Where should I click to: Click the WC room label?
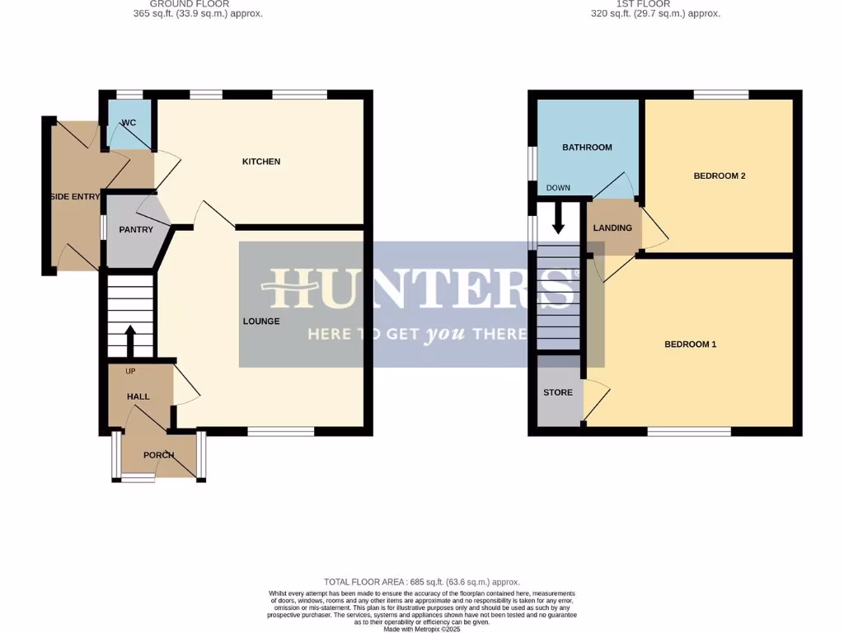tap(129, 123)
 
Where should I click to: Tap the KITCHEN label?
tap(260, 162)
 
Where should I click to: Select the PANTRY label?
tap(136, 229)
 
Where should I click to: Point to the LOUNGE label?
tap(260, 321)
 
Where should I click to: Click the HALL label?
tap(138, 396)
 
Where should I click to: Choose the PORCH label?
tap(158, 455)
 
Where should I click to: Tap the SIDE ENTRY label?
tap(75, 196)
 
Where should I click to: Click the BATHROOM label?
tap(587, 148)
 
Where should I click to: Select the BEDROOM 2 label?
tap(719, 176)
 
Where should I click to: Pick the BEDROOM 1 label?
tap(690, 344)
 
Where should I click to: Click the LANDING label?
tap(612, 228)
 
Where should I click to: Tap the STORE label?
tap(557, 392)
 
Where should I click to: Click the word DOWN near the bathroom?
tap(558, 188)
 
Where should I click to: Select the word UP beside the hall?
tap(130, 371)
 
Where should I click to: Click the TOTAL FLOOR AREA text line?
tap(421, 582)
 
